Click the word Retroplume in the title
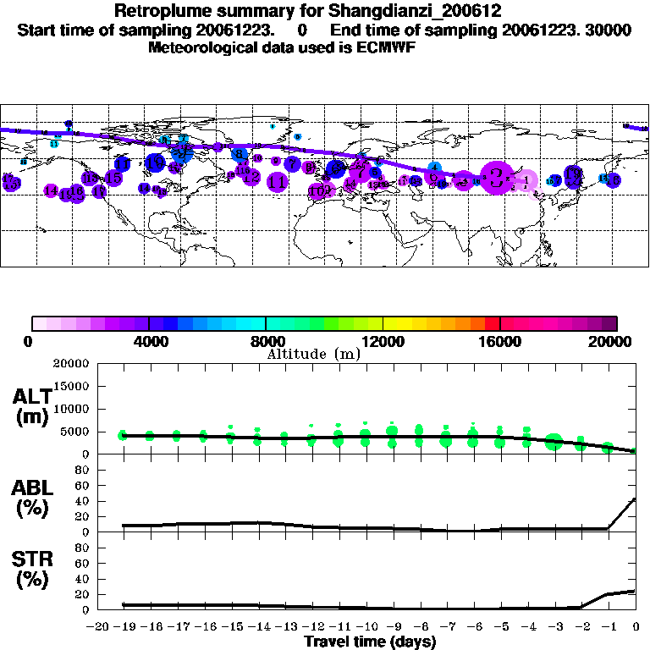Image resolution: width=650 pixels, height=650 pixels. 158,12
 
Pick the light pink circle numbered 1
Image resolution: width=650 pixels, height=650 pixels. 526,180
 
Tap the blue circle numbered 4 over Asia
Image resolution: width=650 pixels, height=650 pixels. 434,168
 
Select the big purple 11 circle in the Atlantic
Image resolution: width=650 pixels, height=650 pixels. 277,181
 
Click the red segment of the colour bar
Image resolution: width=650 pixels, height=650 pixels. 493,322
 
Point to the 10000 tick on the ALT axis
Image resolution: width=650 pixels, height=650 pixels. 73,409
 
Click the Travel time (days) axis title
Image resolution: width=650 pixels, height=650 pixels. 370,642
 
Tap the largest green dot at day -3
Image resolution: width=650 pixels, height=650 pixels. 554,441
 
